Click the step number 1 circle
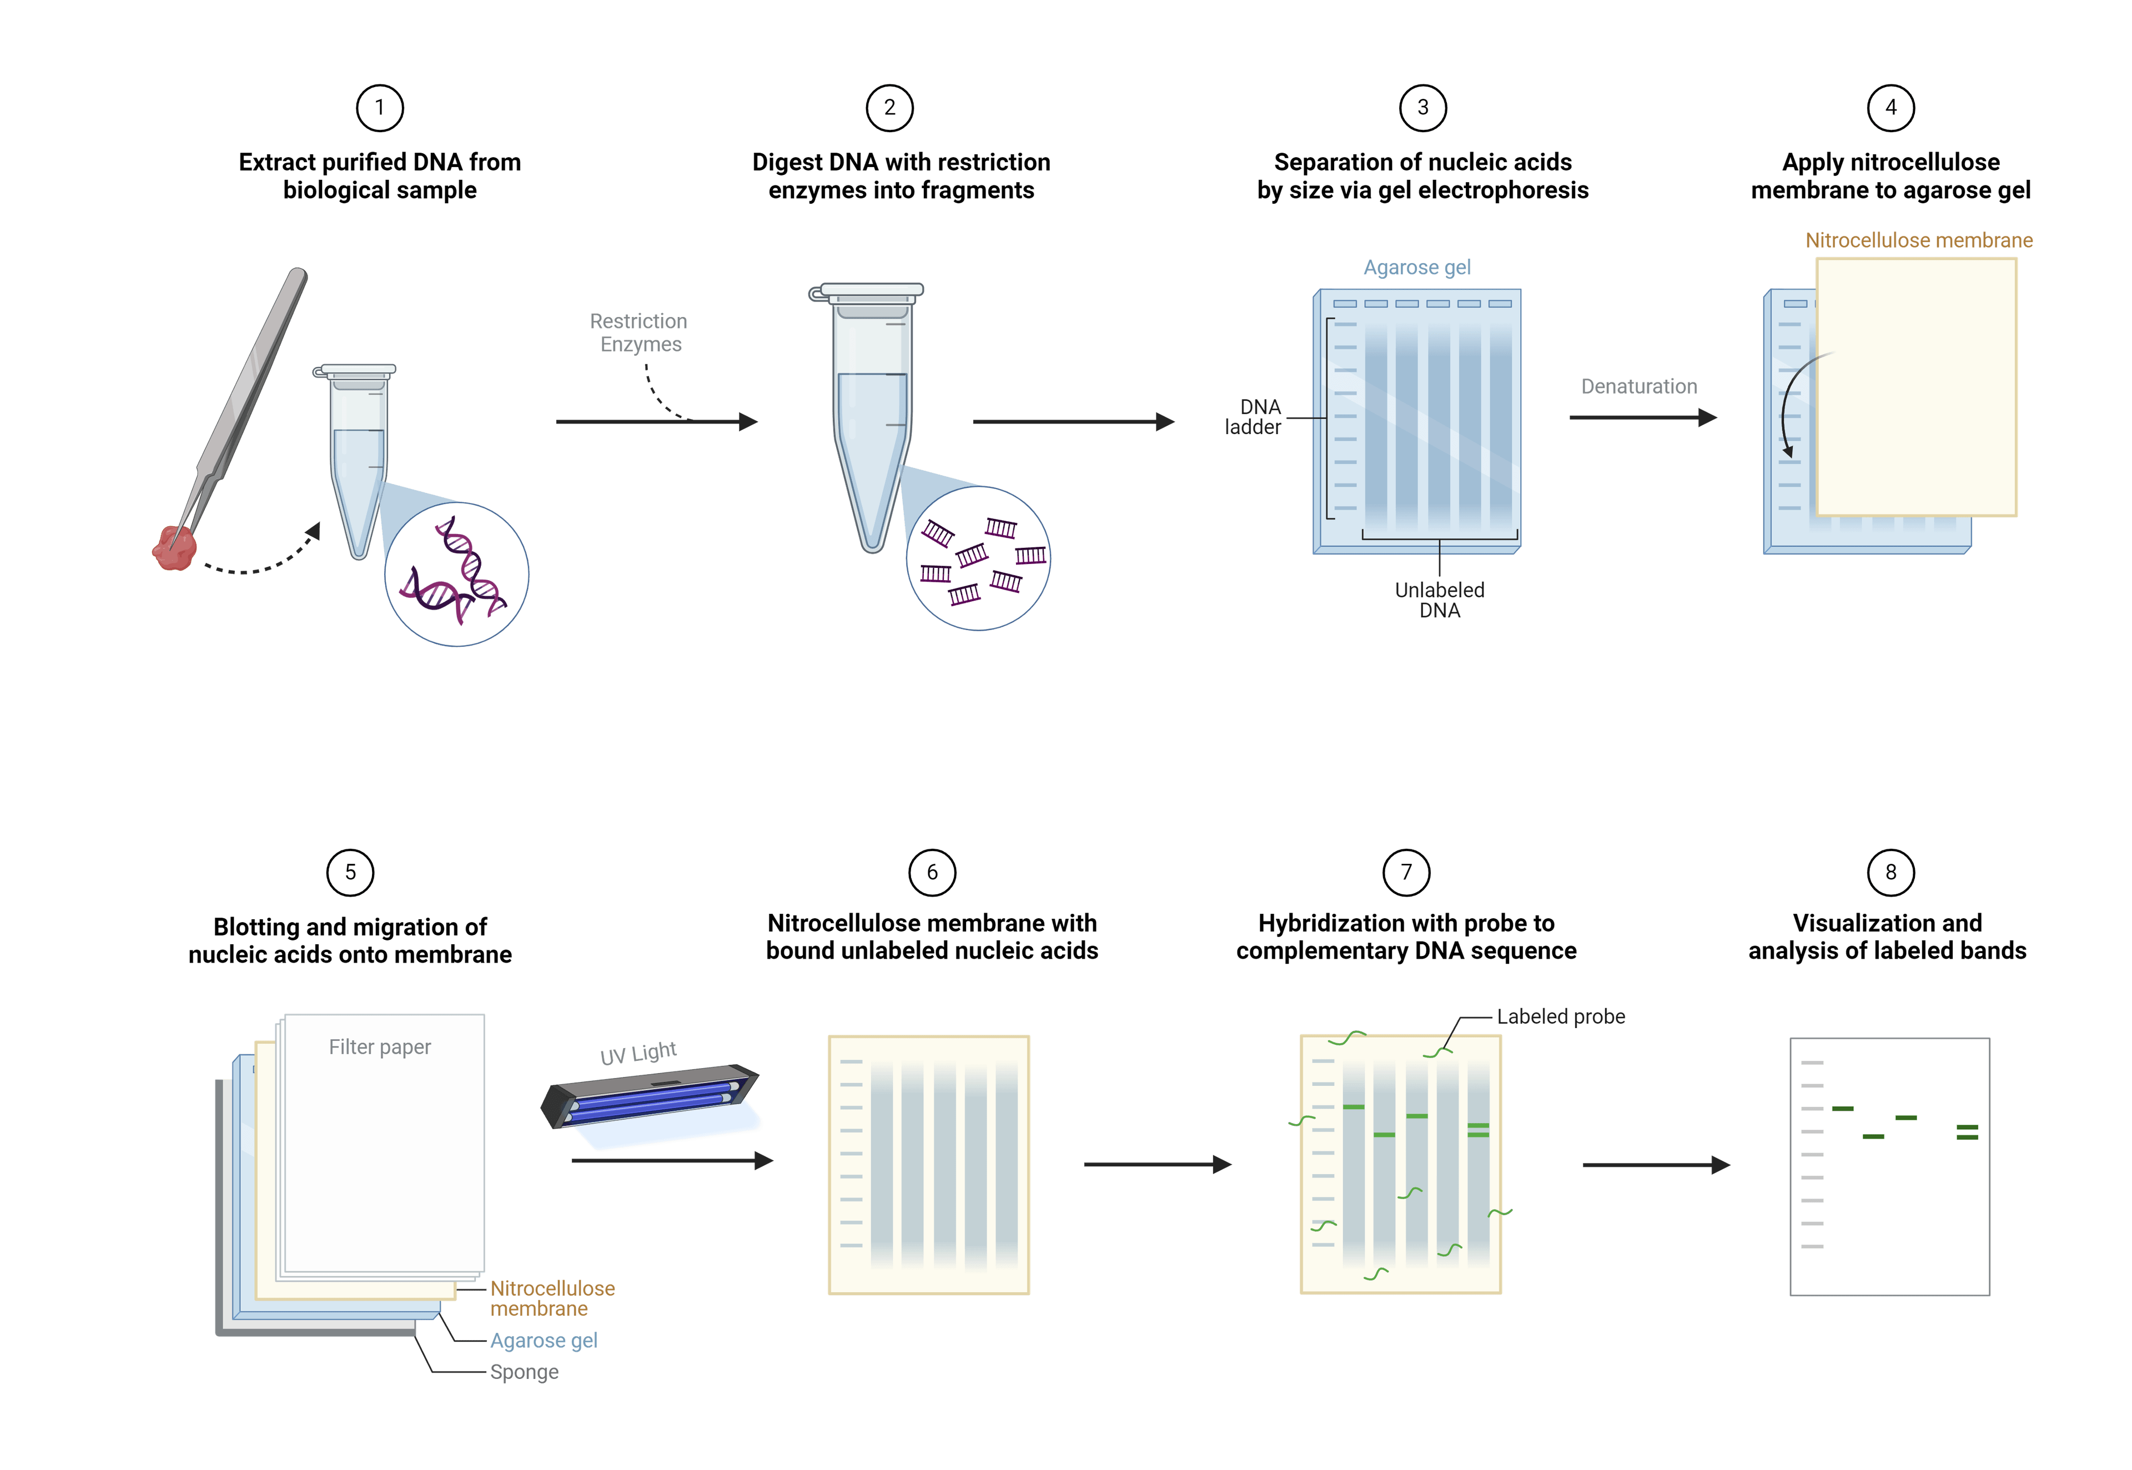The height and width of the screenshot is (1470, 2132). tap(379, 108)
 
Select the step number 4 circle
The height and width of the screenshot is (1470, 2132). tap(1890, 108)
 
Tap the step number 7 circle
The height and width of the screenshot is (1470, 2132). tap(1406, 872)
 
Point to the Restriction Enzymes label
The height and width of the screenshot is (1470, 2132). tap(639, 333)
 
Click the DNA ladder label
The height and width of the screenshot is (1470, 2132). tap(1254, 416)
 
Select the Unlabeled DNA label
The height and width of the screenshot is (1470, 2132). tap(1440, 600)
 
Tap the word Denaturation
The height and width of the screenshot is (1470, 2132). tap(1638, 387)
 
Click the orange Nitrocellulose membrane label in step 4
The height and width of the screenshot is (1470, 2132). tap(1918, 240)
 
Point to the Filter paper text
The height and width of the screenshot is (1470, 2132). tap(379, 1047)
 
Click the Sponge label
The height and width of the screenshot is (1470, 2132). tap(524, 1371)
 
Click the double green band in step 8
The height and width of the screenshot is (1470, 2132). tap(1967, 1132)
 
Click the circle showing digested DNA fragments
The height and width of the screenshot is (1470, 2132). tap(978, 558)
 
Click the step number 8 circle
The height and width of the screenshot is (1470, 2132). tap(1890, 872)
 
